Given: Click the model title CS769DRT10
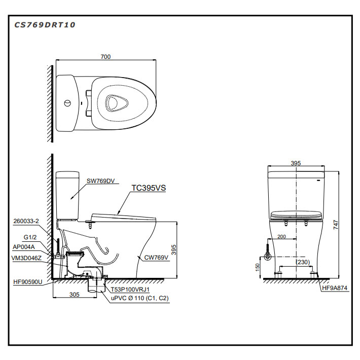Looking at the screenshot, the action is pyautogui.click(x=45, y=25).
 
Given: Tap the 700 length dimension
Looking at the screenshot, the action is pyautogui.click(x=105, y=56).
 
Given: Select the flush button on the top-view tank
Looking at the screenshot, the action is pyautogui.click(x=67, y=103).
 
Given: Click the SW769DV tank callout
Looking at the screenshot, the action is pyautogui.click(x=100, y=181).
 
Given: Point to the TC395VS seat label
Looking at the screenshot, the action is pyautogui.click(x=149, y=188).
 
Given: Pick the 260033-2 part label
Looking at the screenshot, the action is pyautogui.click(x=26, y=221).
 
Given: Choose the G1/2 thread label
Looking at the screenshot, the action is pyautogui.click(x=30, y=237).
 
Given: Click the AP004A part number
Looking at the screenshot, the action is pyautogui.click(x=24, y=247).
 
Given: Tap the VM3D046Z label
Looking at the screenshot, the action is pyautogui.click(x=26, y=258).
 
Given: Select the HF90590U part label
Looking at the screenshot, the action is pyautogui.click(x=28, y=282).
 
